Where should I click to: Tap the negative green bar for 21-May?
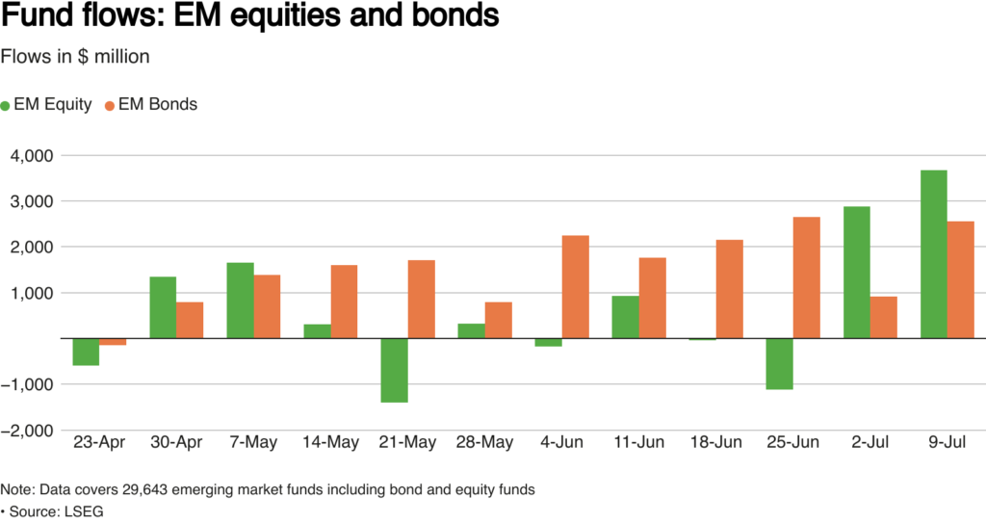(x=394, y=370)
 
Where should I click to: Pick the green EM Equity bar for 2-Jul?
(x=857, y=273)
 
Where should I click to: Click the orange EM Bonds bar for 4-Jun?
(x=575, y=287)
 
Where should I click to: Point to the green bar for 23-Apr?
(x=86, y=352)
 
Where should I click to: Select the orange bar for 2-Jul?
(x=883, y=317)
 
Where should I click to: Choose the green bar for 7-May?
(x=241, y=301)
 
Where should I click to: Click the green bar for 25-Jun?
(x=780, y=363)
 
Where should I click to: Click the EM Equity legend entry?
(x=48, y=104)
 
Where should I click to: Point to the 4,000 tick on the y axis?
(x=34, y=156)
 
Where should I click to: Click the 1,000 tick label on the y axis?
(x=34, y=293)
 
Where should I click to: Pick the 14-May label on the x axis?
(x=331, y=442)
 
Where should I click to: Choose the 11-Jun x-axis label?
(x=639, y=442)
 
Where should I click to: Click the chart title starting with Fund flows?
(x=250, y=18)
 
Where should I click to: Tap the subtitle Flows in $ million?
(x=75, y=57)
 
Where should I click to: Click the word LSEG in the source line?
(x=85, y=511)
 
